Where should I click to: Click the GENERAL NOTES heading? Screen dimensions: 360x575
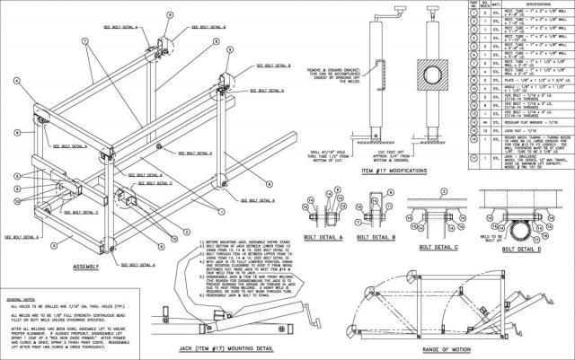[24, 297]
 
